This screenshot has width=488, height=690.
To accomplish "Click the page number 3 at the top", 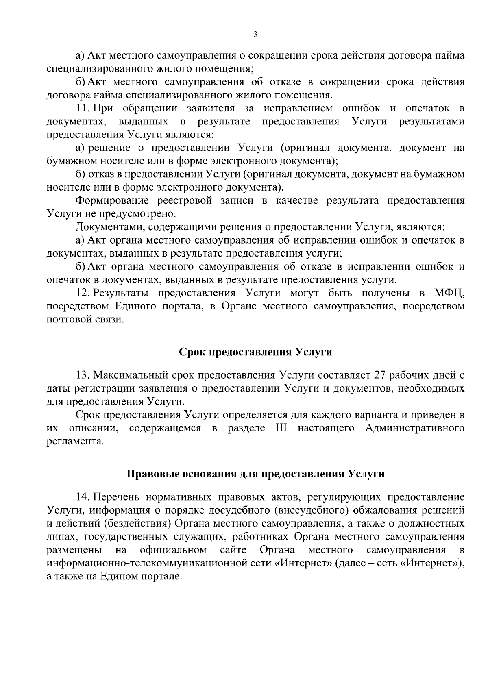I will pyautogui.click(x=255, y=35).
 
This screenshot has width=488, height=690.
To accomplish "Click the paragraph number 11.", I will pyautogui.click(x=81, y=109).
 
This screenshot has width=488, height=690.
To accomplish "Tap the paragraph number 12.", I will pyautogui.click(x=81, y=293).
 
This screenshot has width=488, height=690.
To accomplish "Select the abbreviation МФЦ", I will pyautogui.click(x=449, y=293).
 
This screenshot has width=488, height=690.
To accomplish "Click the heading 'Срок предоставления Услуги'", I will pyautogui.click(x=256, y=352).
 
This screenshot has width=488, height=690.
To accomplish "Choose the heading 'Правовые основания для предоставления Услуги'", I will pyautogui.click(x=256, y=474).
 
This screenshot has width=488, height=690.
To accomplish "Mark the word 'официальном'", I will pyautogui.click(x=173, y=550).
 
